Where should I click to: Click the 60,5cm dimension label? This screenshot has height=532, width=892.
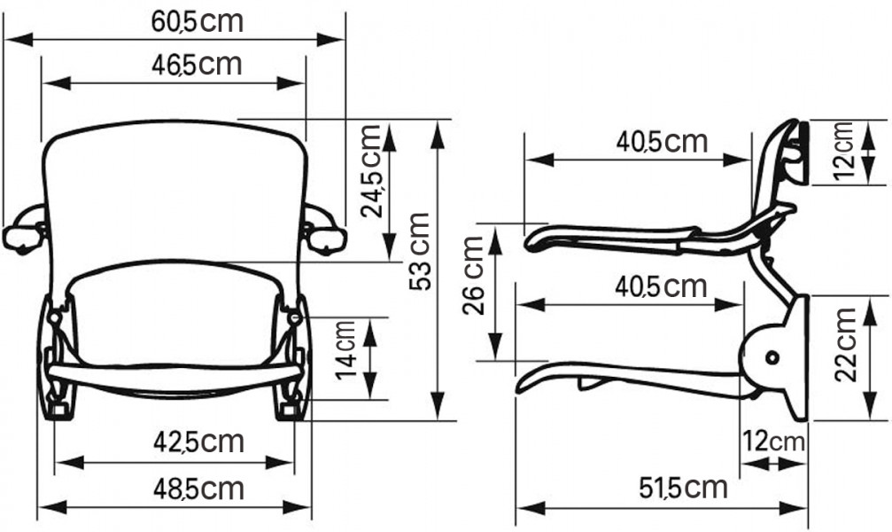pyautogui.click(x=197, y=20)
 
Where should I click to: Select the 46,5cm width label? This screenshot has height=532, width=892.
pyautogui.click(x=197, y=64)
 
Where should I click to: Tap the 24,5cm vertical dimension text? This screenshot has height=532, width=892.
pyautogui.click(x=370, y=171)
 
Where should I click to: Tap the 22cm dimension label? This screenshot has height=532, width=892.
pyautogui.click(x=845, y=345)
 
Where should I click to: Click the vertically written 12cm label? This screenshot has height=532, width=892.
pyautogui.click(x=844, y=151)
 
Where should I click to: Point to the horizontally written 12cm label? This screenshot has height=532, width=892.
pyautogui.click(x=772, y=441)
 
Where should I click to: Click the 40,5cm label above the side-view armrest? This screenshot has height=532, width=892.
pyautogui.click(x=663, y=141)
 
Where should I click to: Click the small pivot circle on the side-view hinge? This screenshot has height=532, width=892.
pyautogui.click(x=771, y=356)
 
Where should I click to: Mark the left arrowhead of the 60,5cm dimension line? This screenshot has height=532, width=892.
pyautogui.click(x=11, y=39)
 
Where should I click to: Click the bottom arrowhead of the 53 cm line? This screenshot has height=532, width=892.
pyautogui.click(x=438, y=410)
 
